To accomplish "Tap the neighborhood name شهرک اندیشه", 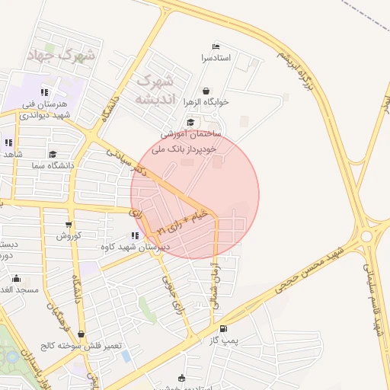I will pos(155,90).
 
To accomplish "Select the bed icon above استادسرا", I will pos(216,46).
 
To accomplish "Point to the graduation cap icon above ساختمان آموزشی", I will pos(190,122).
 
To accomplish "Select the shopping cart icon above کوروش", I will pos(69,225).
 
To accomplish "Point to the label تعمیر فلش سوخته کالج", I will pos(82,345).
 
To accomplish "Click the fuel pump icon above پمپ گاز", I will pos(222,329).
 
